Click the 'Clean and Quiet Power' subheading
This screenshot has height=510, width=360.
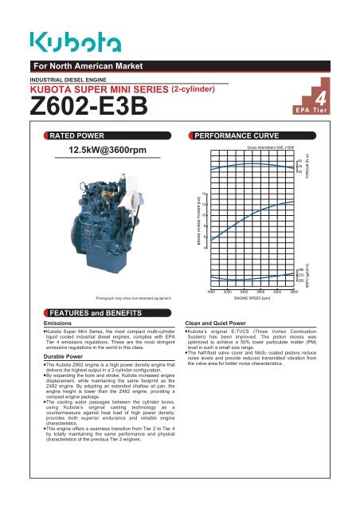tap(213, 324)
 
